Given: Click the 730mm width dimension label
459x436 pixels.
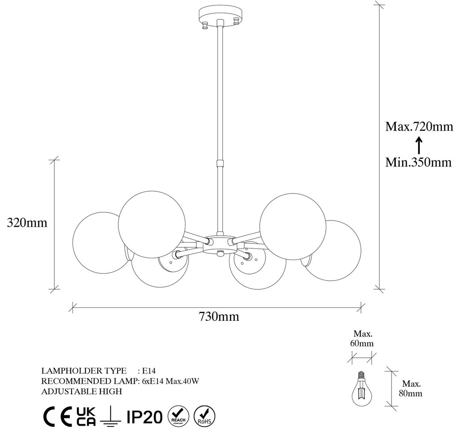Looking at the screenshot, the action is tap(219, 316).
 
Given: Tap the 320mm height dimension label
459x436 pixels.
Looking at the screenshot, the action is tap(27, 223).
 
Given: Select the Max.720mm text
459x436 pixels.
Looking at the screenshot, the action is tap(419, 126).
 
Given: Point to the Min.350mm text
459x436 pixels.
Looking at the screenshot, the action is tap(418, 162).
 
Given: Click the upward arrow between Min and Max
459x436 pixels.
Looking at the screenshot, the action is tap(419, 145).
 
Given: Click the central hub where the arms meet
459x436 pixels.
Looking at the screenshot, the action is tap(220, 244).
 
